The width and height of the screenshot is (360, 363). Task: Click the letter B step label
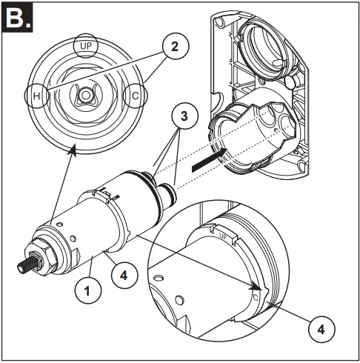pos(17,17)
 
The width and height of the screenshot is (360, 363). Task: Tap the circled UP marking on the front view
pos(85,45)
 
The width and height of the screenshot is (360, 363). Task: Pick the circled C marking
pos(136,97)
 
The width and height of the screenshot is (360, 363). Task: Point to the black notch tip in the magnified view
pos(256,287)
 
